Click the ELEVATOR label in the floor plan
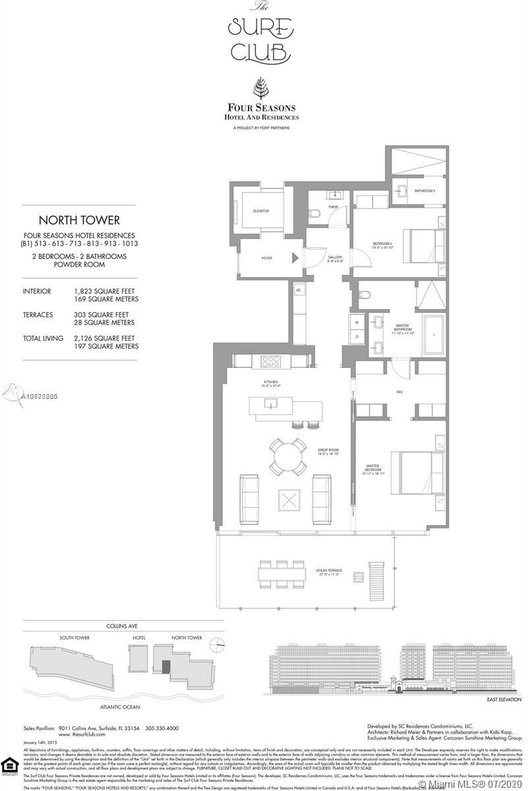click(261, 211)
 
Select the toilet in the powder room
click(316, 214)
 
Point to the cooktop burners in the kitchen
click(271, 361)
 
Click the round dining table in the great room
click(287, 454)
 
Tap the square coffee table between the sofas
click(288, 498)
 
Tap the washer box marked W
click(357, 323)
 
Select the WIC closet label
click(399, 392)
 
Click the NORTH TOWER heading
click(78, 220)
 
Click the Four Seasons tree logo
click(262, 88)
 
